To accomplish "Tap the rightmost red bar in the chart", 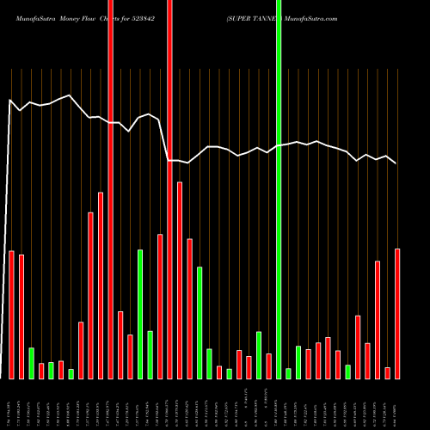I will click(x=397, y=313).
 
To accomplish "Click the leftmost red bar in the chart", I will click(x=12, y=314).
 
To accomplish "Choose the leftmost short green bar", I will click(x=32, y=363).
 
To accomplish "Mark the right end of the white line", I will click(x=396, y=163).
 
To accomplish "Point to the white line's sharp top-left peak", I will click(x=10, y=100).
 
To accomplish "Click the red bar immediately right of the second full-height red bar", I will click(x=180, y=279).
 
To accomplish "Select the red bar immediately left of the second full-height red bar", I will click(x=160, y=305).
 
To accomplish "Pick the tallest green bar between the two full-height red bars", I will click(x=140, y=313).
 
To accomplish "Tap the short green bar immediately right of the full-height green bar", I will click(x=288, y=372).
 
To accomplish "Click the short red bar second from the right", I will click(x=387, y=372).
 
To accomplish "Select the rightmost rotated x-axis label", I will click(x=397, y=405).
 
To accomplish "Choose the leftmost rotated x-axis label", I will click(x=12, y=405).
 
